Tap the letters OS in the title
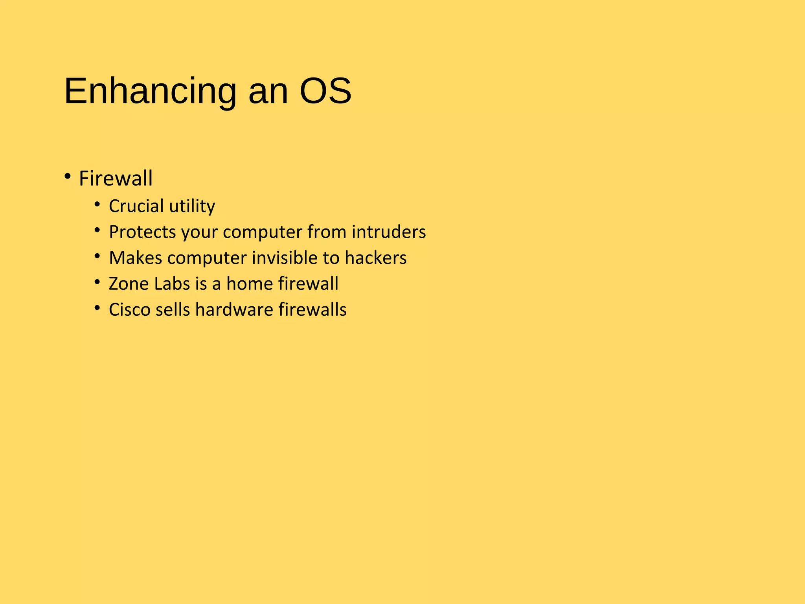[325, 92]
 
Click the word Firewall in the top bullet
[116, 179]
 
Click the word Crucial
[136, 206]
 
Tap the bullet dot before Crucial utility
[97, 204]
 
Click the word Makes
[135, 258]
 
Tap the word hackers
[375, 258]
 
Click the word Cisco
[129, 310]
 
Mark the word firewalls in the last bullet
[312, 310]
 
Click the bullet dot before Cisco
[97, 308]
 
